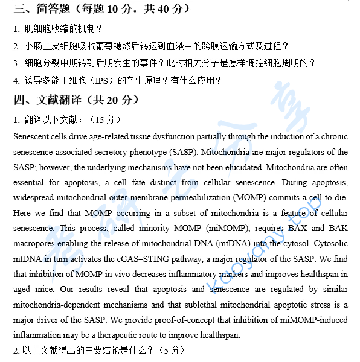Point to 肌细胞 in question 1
click(x=37, y=28)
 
